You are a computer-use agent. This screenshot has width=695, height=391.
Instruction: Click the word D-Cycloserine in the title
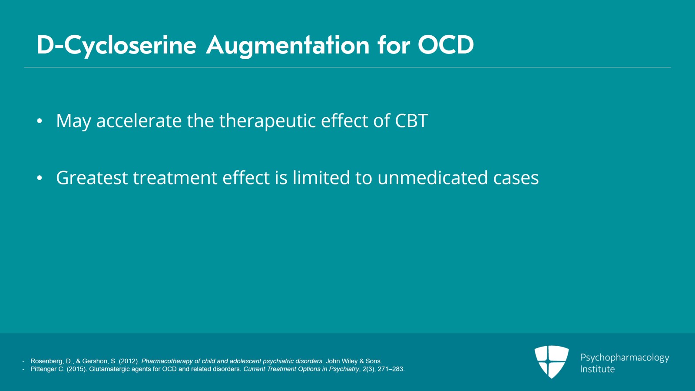(116, 46)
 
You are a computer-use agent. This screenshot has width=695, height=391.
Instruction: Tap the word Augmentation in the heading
(288, 46)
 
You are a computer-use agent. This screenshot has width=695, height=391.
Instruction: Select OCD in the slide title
(446, 45)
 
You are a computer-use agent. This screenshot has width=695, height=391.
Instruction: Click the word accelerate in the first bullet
(139, 120)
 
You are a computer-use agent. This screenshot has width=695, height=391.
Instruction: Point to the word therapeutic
(267, 121)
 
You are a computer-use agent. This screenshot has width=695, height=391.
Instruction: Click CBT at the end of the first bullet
(411, 120)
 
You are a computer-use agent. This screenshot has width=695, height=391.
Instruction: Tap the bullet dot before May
(40, 121)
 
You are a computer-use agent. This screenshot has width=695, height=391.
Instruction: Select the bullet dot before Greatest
(40, 178)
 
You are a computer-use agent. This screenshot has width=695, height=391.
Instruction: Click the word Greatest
(92, 178)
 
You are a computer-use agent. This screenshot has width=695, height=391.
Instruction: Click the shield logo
(551, 361)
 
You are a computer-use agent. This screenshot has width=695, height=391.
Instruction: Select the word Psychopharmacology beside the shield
(625, 358)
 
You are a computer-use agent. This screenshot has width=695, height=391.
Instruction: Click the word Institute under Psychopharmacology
(597, 369)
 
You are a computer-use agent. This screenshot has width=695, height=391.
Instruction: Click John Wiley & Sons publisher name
(354, 361)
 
